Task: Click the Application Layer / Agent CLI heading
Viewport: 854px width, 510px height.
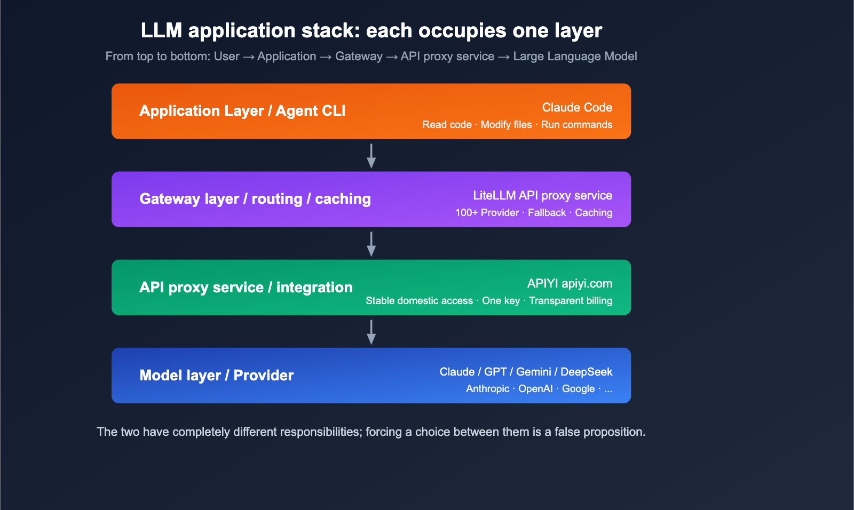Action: (242, 111)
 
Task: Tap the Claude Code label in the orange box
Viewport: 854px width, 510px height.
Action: (577, 108)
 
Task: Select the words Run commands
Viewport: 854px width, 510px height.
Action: (576, 125)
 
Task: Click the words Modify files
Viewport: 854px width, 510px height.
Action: (506, 125)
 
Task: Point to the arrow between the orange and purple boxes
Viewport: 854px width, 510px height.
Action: (371, 156)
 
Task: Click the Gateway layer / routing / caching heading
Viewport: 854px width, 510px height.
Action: (255, 199)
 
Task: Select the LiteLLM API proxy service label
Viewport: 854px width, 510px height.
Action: (542, 196)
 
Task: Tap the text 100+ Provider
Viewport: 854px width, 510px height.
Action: (487, 213)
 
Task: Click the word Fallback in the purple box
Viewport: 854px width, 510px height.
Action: (547, 213)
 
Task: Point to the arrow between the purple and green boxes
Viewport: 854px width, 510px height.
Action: (371, 244)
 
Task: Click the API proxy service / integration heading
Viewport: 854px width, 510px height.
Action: (246, 288)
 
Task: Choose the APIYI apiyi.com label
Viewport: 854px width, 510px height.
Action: (570, 284)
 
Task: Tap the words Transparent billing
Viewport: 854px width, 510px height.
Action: (570, 301)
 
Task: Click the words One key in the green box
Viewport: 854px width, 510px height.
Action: (501, 301)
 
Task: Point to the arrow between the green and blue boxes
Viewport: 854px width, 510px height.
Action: (371, 332)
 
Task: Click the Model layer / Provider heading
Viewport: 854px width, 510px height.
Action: (216, 376)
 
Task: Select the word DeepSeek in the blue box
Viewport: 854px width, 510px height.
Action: (586, 372)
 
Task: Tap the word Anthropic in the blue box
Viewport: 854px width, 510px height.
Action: (487, 389)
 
